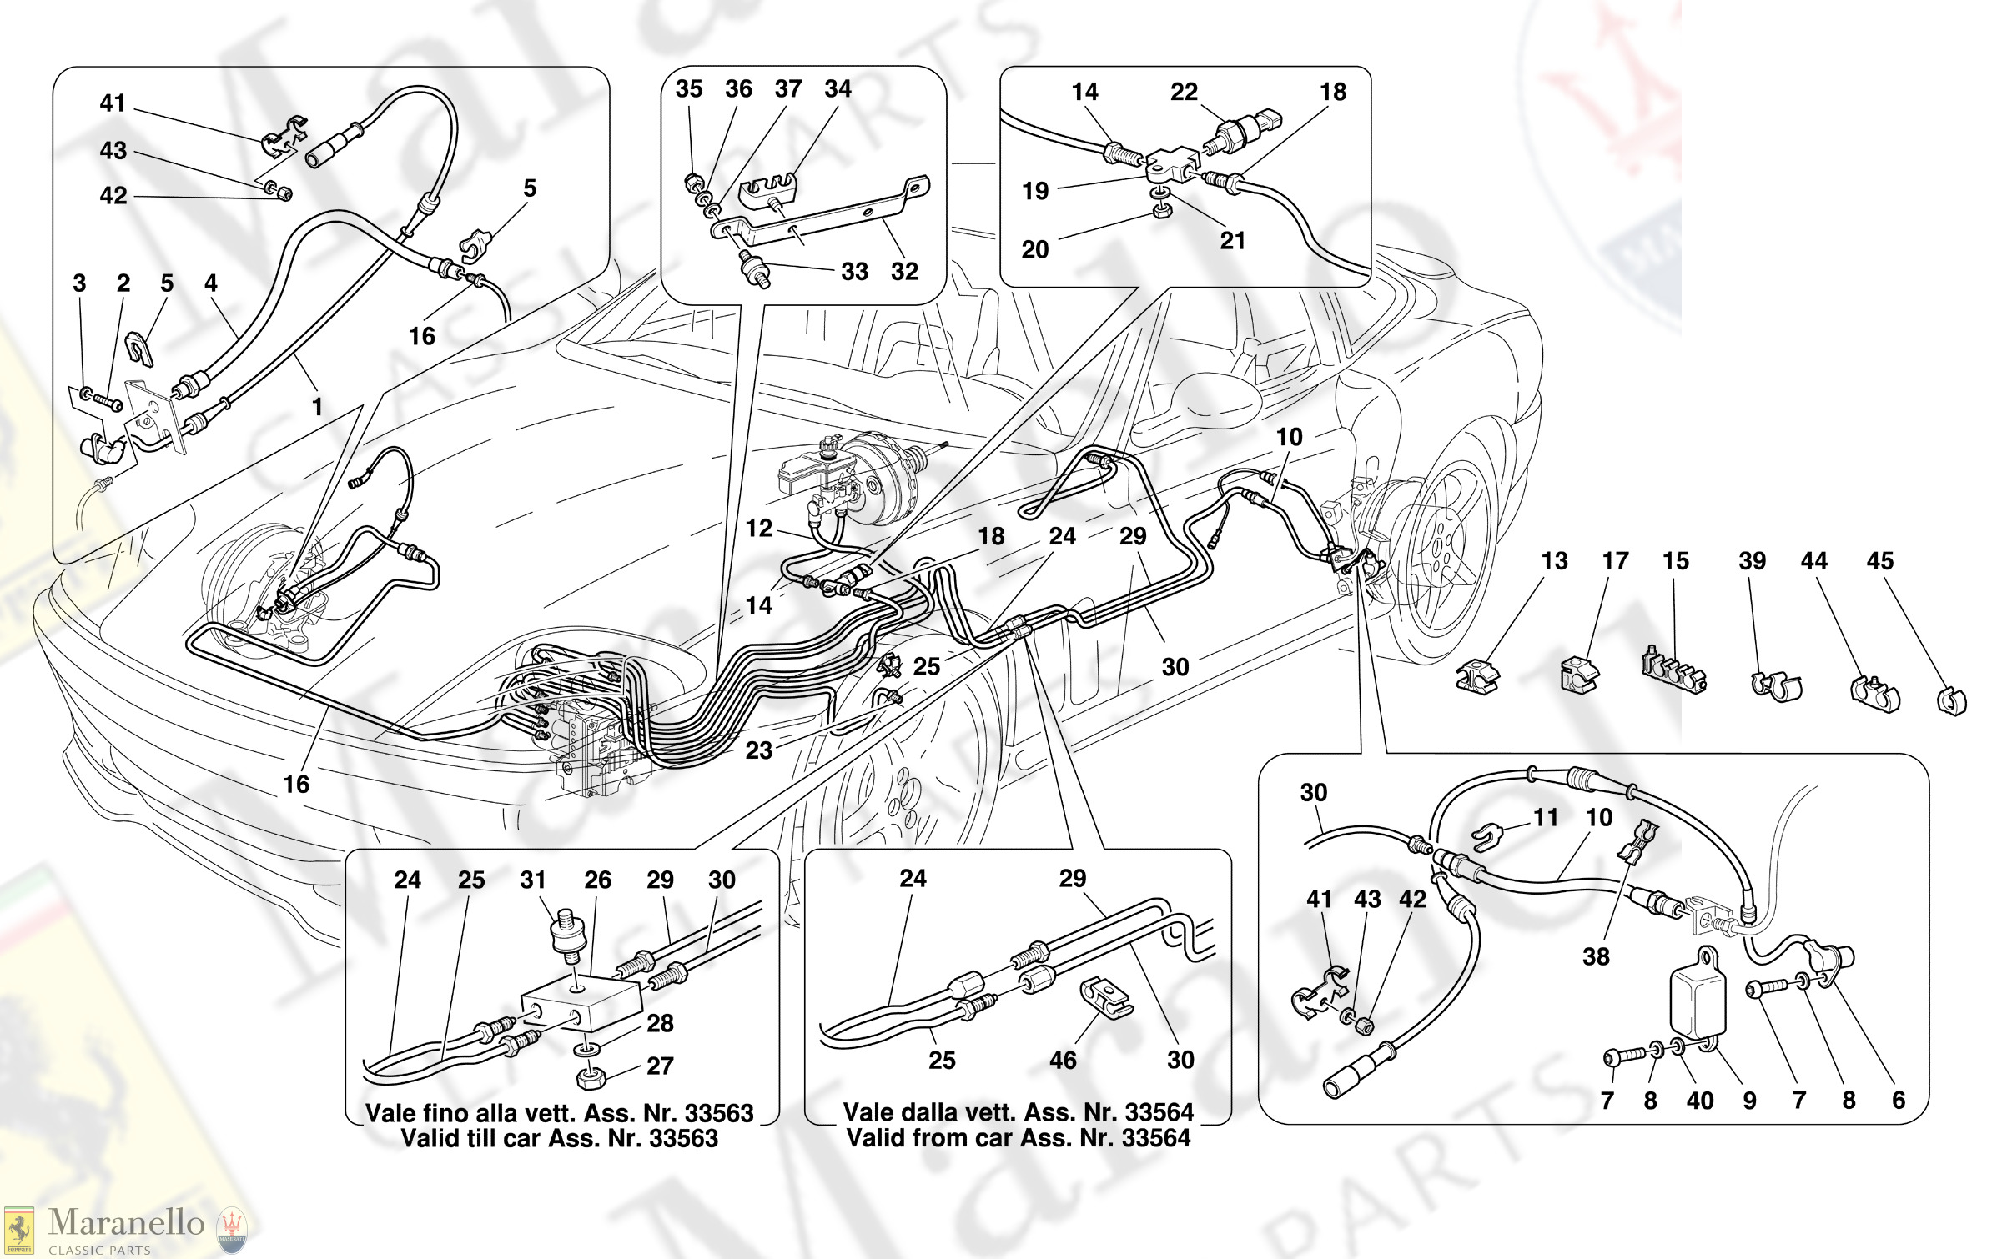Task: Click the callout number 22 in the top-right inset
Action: pyautogui.click(x=1183, y=92)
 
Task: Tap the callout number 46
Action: pyautogui.click(x=1062, y=1060)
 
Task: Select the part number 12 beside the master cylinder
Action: pyautogui.click(x=758, y=528)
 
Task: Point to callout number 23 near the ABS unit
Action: pyautogui.click(x=758, y=750)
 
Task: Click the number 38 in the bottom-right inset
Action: pyautogui.click(x=1595, y=956)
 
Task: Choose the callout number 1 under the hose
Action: pyautogui.click(x=317, y=406)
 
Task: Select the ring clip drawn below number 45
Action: pyautogui.click(x=1951, y=700)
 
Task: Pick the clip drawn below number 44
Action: pyautogui.click(x=1874, y=693)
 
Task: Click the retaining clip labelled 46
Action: pyautogui.click(x=1107, y=997)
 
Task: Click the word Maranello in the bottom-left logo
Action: pyautogui.click(x=126, y=1223)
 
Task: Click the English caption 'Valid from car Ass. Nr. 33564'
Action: pyautogui.click(x=1018, y=1138)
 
